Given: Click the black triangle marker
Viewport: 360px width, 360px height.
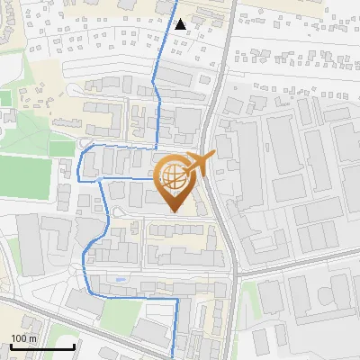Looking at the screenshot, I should pos(181,23).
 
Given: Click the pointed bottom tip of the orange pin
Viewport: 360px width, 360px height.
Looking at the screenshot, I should pos(172,211).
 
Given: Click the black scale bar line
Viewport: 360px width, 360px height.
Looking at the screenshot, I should pos(41,346).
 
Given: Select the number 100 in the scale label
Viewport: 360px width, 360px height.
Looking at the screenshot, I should pos(18,338).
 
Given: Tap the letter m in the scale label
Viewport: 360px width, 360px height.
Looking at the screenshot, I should pos(31,338).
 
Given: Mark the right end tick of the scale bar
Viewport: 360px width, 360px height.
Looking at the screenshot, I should pos(74,345).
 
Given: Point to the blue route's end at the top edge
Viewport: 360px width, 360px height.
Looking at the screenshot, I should pos(173,2).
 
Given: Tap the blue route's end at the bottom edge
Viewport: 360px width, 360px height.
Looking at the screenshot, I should pos(175,357).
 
